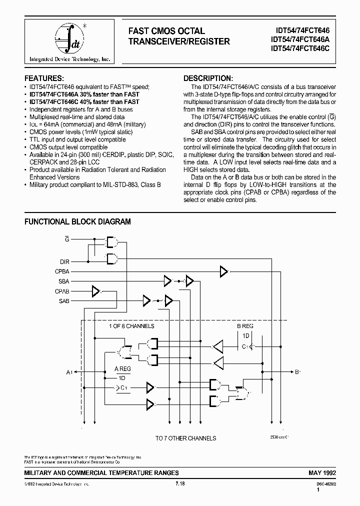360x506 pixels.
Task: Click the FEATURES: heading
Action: (44, 78)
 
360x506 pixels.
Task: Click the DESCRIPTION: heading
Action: (208, 78)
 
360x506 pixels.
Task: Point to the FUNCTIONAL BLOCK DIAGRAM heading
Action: (78, 221)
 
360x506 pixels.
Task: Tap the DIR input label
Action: (65, 261)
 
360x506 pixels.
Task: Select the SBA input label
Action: (64, 281)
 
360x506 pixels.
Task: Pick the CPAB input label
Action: (62, 291)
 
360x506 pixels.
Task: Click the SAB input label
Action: (64, 301)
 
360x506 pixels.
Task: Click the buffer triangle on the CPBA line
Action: (223, 271)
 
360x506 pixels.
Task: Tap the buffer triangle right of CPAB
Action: (95, 291)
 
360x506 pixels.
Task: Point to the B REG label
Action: (245, 326)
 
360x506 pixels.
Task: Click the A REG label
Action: (122, 369)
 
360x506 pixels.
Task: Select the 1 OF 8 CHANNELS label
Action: (131, 326)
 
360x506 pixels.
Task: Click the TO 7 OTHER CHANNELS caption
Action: (185, 438)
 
